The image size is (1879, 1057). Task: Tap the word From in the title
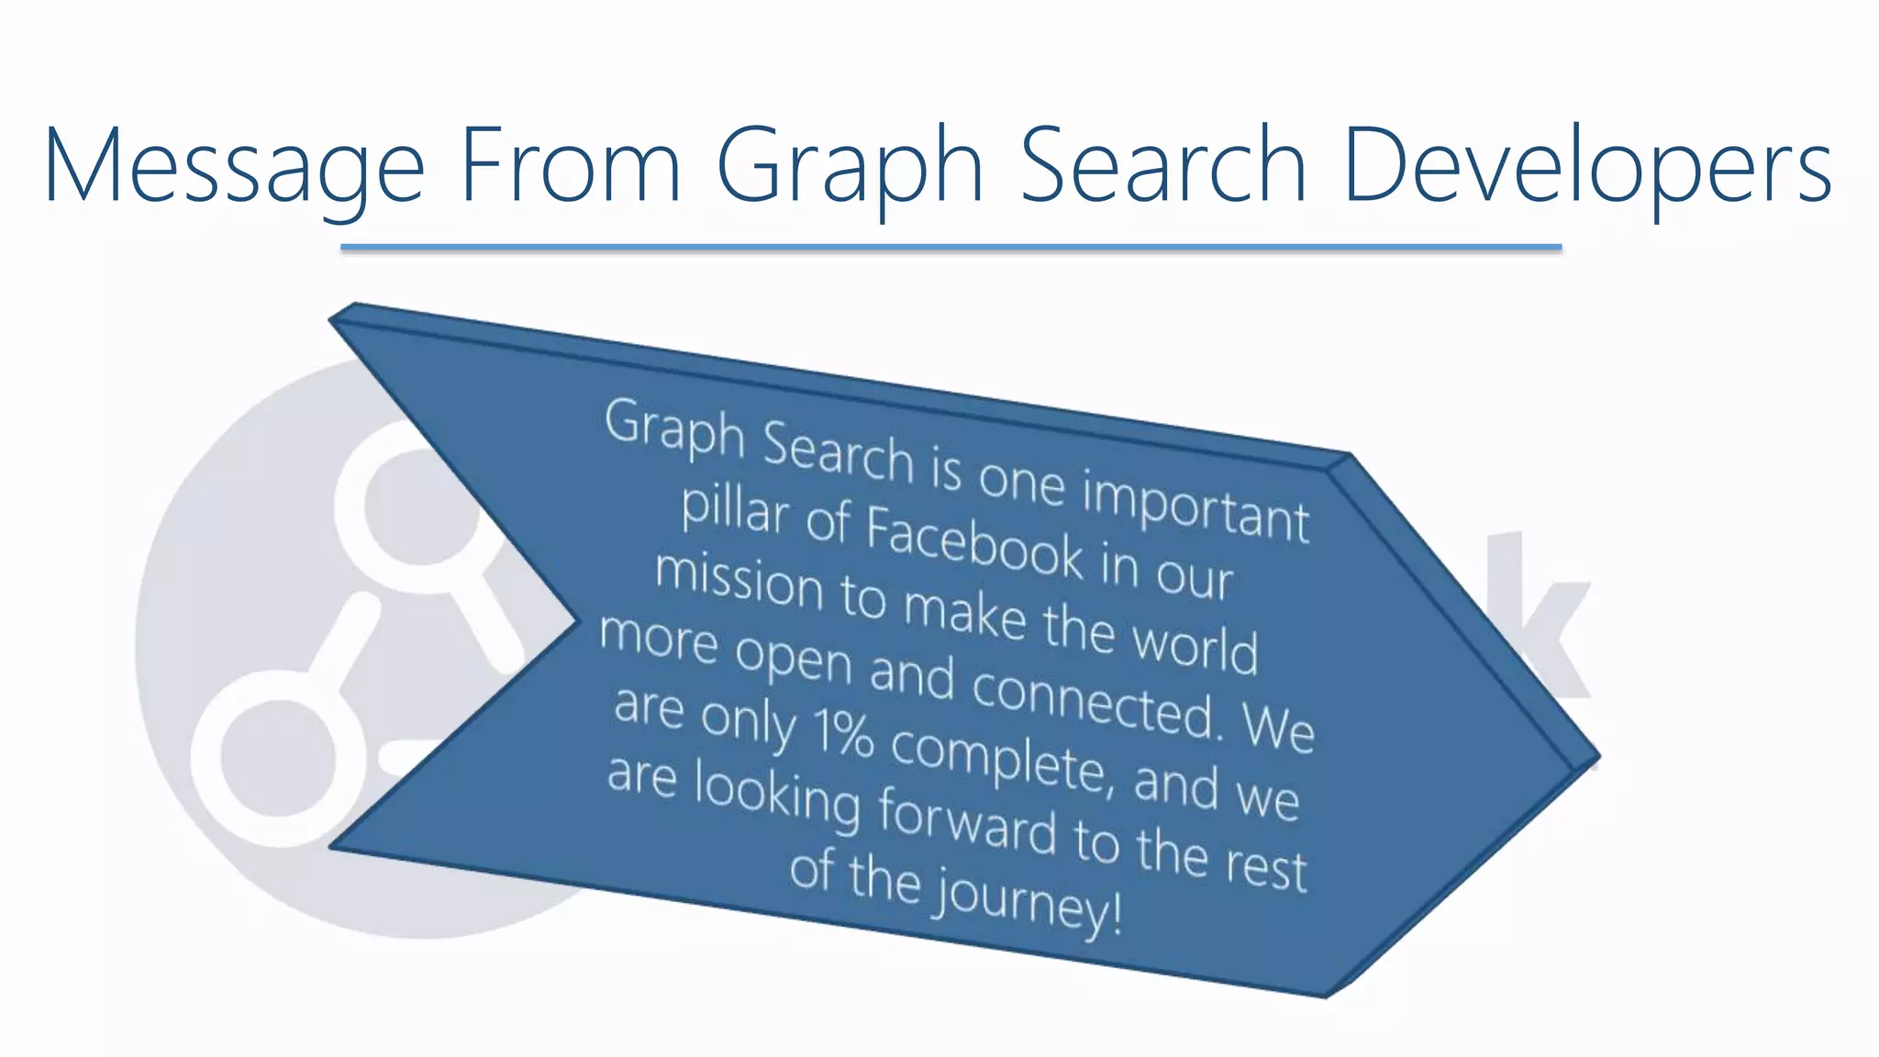pos(570,165)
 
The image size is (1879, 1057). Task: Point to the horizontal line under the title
pos(951,248)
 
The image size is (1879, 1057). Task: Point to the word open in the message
pos(795,656)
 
